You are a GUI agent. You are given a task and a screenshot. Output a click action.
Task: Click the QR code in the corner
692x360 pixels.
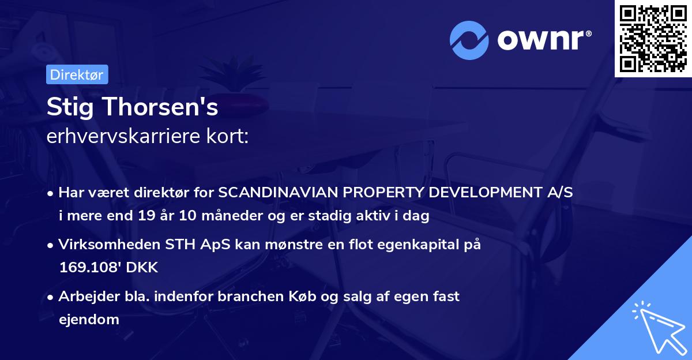coord(653,38)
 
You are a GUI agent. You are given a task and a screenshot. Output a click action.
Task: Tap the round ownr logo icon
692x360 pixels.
coord(469,40)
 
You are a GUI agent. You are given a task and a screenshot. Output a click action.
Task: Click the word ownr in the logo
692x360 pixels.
coord(543,40)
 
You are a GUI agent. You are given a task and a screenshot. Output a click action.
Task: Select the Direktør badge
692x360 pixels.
coord(77,74)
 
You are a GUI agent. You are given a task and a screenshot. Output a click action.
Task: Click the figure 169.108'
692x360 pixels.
coord(97,268)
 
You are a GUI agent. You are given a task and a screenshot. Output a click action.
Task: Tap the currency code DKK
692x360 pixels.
coord(142,268)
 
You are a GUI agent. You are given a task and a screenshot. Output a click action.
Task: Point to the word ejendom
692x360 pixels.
coord(89,319)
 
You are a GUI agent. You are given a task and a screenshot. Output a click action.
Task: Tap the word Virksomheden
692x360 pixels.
coord(100,245)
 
